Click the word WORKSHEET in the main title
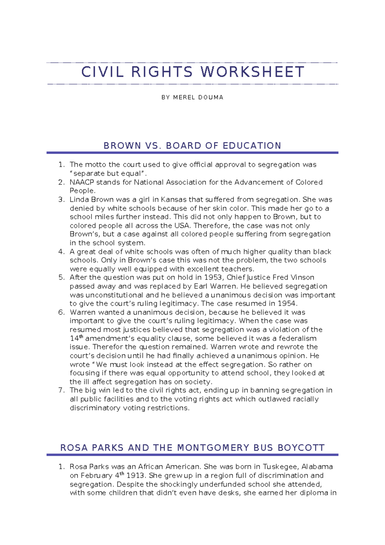pyautogui.click(x=252, y=72)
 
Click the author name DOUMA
pyautogui.click(x=210, y=97)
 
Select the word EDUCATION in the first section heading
pyautogui.click(x=252, y=146)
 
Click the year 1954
pyautogui.click(x=287, y=303)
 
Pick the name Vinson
pyautogui.click(x=302, y=277)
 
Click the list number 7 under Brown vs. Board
pyautogui.click(x=61, y=390)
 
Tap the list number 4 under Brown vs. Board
pyautogui.click(x=61, y=252)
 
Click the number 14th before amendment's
pyautogui.click(x=76, y=338)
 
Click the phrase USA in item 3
pyautogui.click(x=182, y=226)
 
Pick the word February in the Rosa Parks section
pyautogui.click(x=97, y=476)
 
